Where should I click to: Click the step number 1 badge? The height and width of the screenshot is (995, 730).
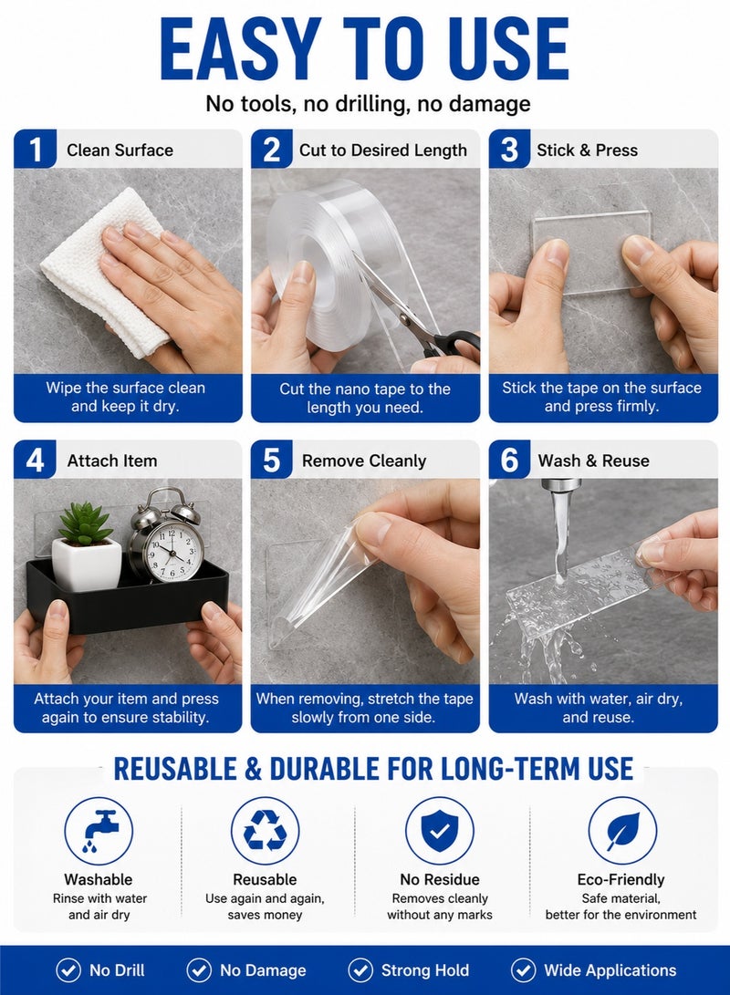tap(35, 150)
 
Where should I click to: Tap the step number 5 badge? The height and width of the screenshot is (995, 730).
tap(272, 460)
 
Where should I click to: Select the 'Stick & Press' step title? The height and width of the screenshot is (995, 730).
tap(587, 150)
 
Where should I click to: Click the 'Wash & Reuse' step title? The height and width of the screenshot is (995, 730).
tap(593, 461)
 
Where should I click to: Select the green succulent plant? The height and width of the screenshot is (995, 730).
tap(85, 524)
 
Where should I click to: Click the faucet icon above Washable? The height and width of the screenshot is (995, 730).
tap(99, 831)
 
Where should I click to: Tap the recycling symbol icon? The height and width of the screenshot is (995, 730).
tap(266, 831)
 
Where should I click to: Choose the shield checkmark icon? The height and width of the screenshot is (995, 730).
tap(440, 831)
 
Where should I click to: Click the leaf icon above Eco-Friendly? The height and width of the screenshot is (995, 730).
tap(622, 831)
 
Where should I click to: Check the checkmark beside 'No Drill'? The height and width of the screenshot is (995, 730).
tap(68, 970)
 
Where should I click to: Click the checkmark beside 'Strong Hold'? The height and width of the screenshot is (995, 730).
tap(360, 970)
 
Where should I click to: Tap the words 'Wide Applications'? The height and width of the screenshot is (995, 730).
tap(610, 970)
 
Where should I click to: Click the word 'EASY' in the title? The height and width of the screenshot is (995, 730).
tap(241, 49)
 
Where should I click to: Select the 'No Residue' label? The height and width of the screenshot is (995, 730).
tap(440, 879)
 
